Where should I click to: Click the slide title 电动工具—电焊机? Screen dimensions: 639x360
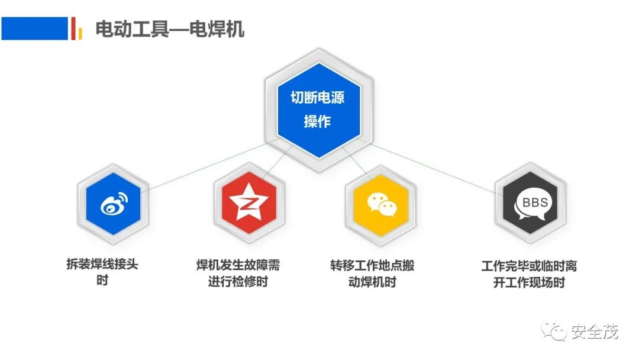(x=170, y=30)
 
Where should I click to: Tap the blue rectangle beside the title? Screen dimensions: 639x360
(x=35, y=28)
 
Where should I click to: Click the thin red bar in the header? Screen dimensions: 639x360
(x=73, y=28)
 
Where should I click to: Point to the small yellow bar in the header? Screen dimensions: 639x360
(x=80, y=33)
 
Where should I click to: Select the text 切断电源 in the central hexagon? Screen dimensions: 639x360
(x=318, y=98)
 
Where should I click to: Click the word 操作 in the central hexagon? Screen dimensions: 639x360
(x=317, y=121)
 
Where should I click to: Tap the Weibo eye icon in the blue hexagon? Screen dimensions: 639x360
(x=114, y=204)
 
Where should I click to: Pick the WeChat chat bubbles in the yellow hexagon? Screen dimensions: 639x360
(x=382, y=204)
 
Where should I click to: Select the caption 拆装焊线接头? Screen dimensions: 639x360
(x=102, y=264)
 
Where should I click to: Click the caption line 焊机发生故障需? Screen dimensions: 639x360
(x=238, y=265)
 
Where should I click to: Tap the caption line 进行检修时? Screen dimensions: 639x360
(x=238, y=282)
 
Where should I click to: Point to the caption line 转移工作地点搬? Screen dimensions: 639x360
(x=373, y=265)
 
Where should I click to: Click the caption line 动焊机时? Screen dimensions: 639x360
(x=373, y=282)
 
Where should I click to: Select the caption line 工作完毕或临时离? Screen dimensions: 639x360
(x=529, y=266)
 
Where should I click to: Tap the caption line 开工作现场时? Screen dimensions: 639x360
(x=529, y=282)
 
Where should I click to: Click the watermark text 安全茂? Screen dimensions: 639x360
(x=594, y=332)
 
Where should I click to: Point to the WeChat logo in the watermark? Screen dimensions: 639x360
(x=554, y=331)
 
